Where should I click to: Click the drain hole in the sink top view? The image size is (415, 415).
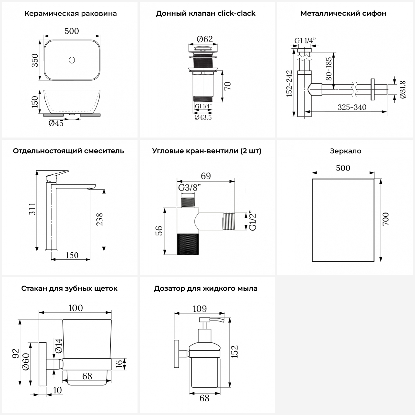pos(72,60)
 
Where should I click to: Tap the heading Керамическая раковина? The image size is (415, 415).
pos(71,14)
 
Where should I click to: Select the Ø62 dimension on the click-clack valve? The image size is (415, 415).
pos(205,39)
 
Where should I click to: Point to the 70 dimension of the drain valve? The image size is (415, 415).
pos(228,86)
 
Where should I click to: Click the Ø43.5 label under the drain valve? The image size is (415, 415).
pos(203,117)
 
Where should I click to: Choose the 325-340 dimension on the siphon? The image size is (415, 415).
pos(352,107)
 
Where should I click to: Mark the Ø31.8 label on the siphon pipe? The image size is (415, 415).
pos(403,89)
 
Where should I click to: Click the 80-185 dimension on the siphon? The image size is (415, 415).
pos(329,69)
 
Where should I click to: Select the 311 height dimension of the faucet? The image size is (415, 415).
pos(33,209)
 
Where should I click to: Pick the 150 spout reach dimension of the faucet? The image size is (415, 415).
pos(72,255)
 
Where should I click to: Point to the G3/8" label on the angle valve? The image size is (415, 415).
pos(190,188)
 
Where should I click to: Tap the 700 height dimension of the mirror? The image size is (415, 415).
pos(386,219)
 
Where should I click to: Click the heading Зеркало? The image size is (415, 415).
pos(346,151)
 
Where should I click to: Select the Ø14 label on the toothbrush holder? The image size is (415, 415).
pos(59,346)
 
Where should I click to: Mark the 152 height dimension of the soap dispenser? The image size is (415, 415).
pos(235,352)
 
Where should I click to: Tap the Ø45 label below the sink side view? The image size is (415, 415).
pos(56,123)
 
